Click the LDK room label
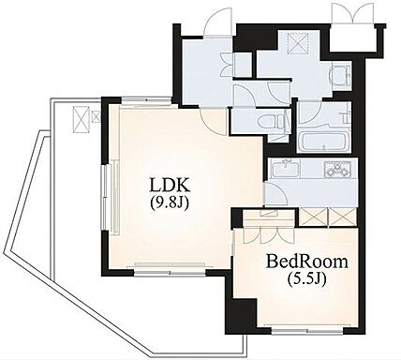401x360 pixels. [170, 185]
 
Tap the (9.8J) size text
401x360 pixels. [170, 203]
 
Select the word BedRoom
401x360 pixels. [306, 262]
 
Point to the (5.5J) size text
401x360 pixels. [307, 279]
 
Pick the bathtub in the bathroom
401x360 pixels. [326, 142]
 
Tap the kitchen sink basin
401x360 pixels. [286, 169]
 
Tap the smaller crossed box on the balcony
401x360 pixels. [96, 116]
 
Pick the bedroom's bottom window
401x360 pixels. [307, 330]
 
